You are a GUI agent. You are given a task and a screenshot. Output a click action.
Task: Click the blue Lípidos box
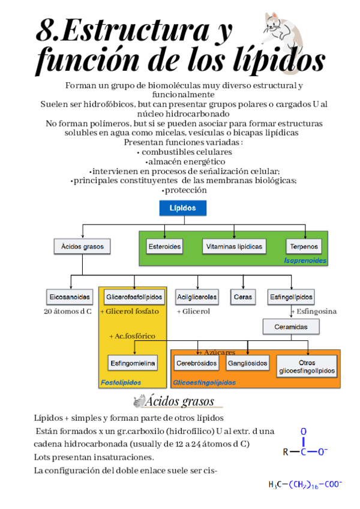tap(182, 208)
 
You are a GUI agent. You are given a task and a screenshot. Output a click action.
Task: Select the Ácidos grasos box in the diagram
tap(82, 246)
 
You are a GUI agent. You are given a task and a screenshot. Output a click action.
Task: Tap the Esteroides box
tap(164, 246)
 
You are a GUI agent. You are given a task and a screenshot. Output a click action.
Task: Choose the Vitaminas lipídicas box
tap(234, 246)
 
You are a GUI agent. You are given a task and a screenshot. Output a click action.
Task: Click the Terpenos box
tap(304, 246)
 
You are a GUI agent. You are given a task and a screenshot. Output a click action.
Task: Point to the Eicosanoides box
tap(70, 297)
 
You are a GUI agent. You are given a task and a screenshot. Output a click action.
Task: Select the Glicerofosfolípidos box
tap(134, 297)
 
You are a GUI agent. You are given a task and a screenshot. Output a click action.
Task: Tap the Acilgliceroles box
tap(197, 297)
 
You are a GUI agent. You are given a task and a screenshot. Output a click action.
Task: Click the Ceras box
tap(242, 297)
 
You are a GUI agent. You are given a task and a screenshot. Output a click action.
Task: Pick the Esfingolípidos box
tap(291, 297)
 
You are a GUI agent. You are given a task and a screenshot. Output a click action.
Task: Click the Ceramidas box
tap(291, 327)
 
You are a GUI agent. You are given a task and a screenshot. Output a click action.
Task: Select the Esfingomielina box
tap(133, 363)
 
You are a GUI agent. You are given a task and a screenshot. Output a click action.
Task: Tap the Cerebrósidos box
tap(197, 363)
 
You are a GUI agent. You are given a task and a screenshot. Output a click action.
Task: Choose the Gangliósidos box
tap(248, 363)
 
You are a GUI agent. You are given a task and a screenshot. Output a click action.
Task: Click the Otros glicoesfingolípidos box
tap(307, 367)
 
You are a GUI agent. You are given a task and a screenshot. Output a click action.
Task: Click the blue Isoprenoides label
tap(305, 261)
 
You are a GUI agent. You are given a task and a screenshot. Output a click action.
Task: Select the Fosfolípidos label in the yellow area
tap(121, 382)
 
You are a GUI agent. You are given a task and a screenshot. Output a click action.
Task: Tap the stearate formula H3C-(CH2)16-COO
tap(305, 484)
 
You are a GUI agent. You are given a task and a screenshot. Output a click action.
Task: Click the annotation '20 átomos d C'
tap(68, 312)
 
